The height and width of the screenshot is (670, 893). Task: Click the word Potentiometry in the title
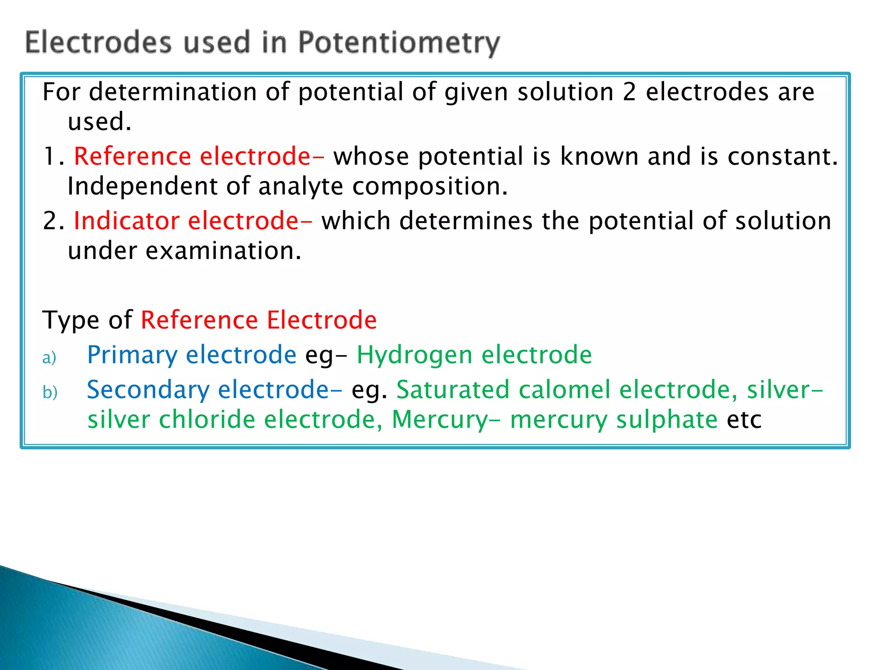pos(399,43)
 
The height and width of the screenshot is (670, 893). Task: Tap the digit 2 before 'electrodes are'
pos(629,92)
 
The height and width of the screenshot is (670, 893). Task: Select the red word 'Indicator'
pos(126,221)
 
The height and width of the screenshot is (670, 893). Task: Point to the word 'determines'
pos(466,221)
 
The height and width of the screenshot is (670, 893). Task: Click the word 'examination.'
pos(223,251)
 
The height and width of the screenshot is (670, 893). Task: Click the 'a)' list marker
pos(49,358)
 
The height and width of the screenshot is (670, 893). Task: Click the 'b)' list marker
pos(50,393)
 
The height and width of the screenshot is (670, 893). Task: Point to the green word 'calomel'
pos(564,390)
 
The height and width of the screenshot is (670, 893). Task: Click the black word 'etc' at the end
pos(744,420)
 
